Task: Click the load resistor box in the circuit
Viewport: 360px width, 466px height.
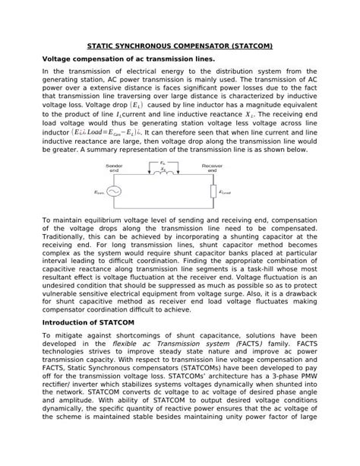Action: click(213, 192)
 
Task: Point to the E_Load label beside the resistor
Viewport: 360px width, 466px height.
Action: click(226, 192)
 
